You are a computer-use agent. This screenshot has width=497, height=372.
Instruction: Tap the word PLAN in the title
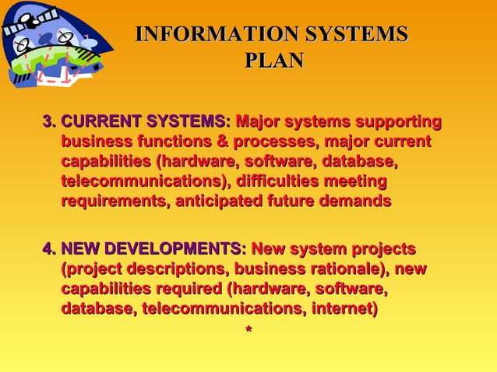coord(273,60)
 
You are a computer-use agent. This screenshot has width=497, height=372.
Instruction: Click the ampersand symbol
coord(220,142)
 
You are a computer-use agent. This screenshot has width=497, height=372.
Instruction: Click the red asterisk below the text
coord(248,332)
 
